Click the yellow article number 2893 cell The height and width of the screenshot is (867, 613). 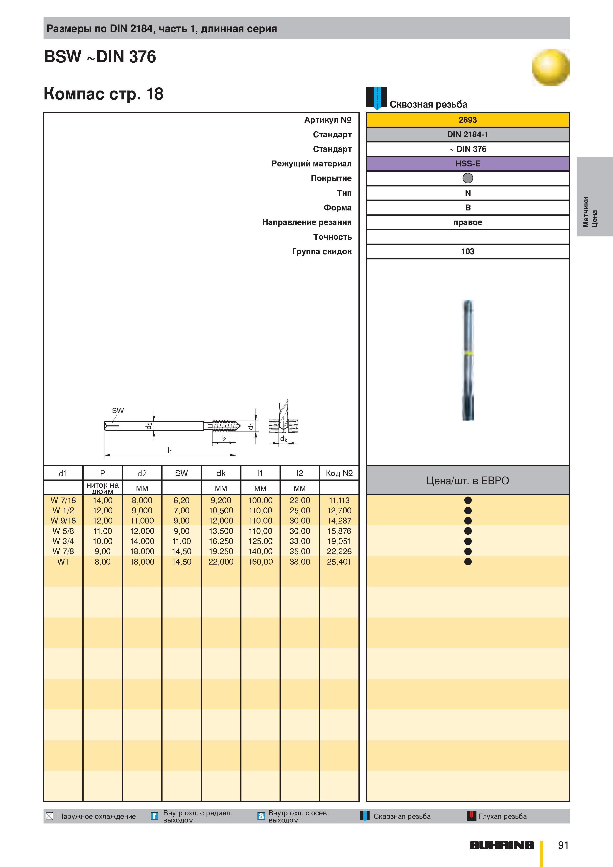(x=468, y=120)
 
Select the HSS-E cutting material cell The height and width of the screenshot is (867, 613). (x=468, y=163)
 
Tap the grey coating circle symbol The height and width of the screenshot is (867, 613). (x=468, y=178)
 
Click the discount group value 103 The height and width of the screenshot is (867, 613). (x=468, y=251)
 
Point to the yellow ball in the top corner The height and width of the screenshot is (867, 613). (x=551, y=68)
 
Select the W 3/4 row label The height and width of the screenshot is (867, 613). (x=63, y=541)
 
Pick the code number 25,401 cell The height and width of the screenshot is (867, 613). (x=339, y=562)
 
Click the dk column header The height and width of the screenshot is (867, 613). (x=221, y=473)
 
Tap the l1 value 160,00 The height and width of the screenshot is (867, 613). (x=260, y=562)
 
